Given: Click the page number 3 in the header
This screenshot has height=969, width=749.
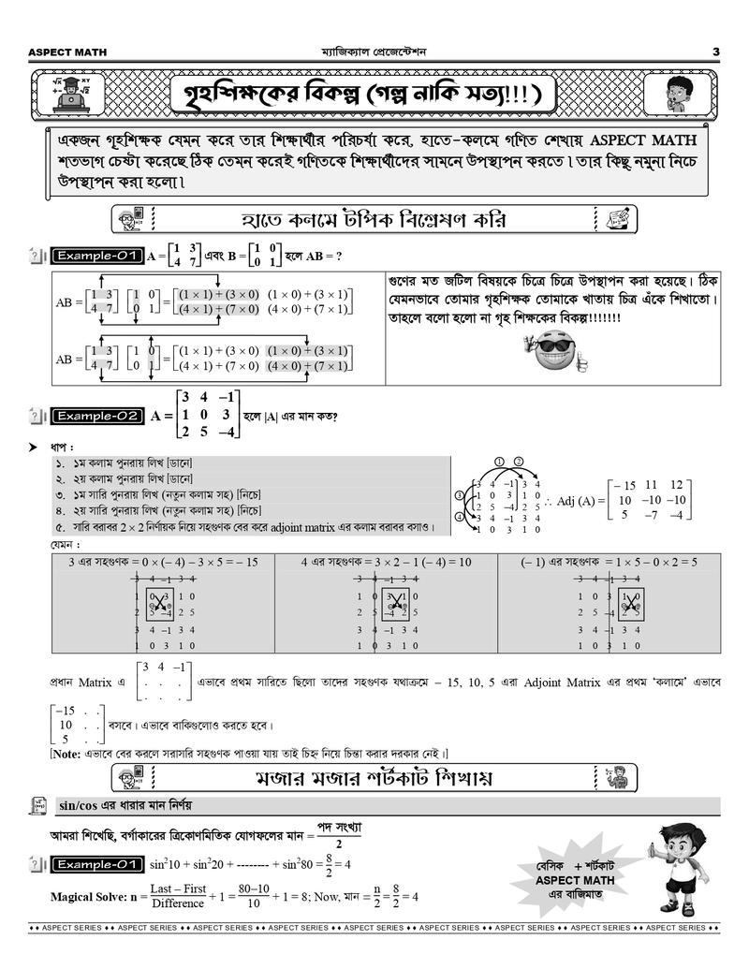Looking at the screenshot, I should click(716, 51).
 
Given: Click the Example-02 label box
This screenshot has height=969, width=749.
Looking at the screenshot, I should click(97, 416).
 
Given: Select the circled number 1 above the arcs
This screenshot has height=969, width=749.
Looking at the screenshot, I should click(501, 461).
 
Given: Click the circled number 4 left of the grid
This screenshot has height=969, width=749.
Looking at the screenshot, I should click(460, 516).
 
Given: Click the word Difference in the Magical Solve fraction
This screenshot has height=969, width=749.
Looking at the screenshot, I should click(177, 903).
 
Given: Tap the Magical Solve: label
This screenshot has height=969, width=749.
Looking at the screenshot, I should click(86, 896).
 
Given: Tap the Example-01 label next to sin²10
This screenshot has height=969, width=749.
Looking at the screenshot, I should click(97, 863).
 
